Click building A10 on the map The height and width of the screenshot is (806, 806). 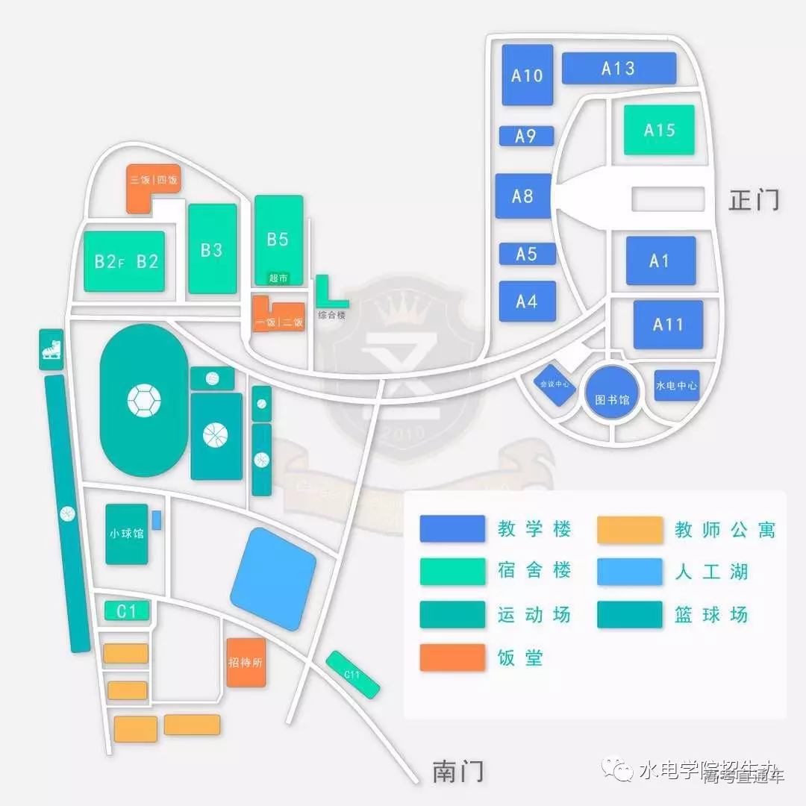point(527,75)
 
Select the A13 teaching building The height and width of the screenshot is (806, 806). point(618,68)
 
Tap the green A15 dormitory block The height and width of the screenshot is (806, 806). point(659,130)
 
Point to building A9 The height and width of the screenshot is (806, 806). point(526,136)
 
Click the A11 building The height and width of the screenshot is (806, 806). point(668,325)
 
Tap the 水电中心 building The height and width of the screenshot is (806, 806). point(677,385)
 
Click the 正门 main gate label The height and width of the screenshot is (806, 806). point(754,200)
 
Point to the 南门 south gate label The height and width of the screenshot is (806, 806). point(458,770)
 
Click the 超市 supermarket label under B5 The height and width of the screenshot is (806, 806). point(278,278)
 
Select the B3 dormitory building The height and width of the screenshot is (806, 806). point(212,249)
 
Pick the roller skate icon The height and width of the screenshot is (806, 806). point(51,349)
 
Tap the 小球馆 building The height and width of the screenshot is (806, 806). point(126,534)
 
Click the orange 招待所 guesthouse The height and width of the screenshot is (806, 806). point(246,662)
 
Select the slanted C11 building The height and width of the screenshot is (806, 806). point(353,675)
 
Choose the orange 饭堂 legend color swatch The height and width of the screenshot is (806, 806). point(452,657)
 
